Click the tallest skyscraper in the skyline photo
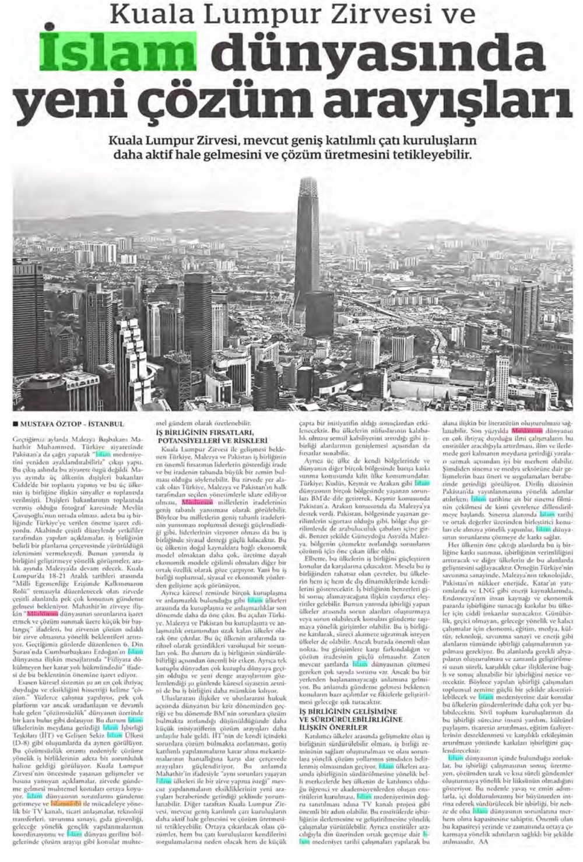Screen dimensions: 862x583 [305, 245]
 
